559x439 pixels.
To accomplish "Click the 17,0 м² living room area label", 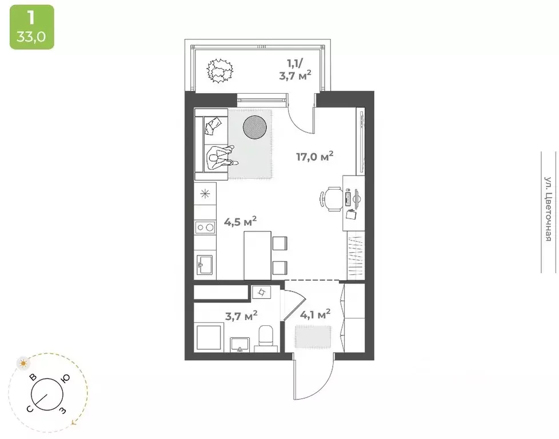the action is click(x=315, y=156).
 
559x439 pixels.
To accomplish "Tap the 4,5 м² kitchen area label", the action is click(x=240, y=222).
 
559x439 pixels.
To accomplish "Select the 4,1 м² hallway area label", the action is click(x=315, y=314).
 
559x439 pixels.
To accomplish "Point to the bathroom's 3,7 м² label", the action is click(x=241, y=316).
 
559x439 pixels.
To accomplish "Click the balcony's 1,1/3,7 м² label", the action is click(x=295, y=70).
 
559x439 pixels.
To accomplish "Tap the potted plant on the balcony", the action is click(x=220, y=71).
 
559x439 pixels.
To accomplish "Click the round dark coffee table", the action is click(x=254, y=126).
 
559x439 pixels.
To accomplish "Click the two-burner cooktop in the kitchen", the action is click(x=205, y=227).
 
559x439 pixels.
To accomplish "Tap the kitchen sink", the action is click(x=205, y=265).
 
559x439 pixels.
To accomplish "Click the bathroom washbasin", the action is click(x=240, y=345).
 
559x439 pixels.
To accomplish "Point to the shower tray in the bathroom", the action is click(x=209, y=337).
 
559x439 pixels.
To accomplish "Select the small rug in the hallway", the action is click(x=313, y=337).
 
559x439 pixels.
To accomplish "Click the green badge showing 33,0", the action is click(x=32, y=27).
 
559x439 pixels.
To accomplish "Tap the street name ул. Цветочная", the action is click(x=549, y=209).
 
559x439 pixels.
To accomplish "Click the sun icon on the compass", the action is click(x=23, y=364).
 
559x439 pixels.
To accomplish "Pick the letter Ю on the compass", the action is click(x=65, y=379).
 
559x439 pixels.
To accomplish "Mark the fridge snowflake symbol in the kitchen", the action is click(x=205, y=194).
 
